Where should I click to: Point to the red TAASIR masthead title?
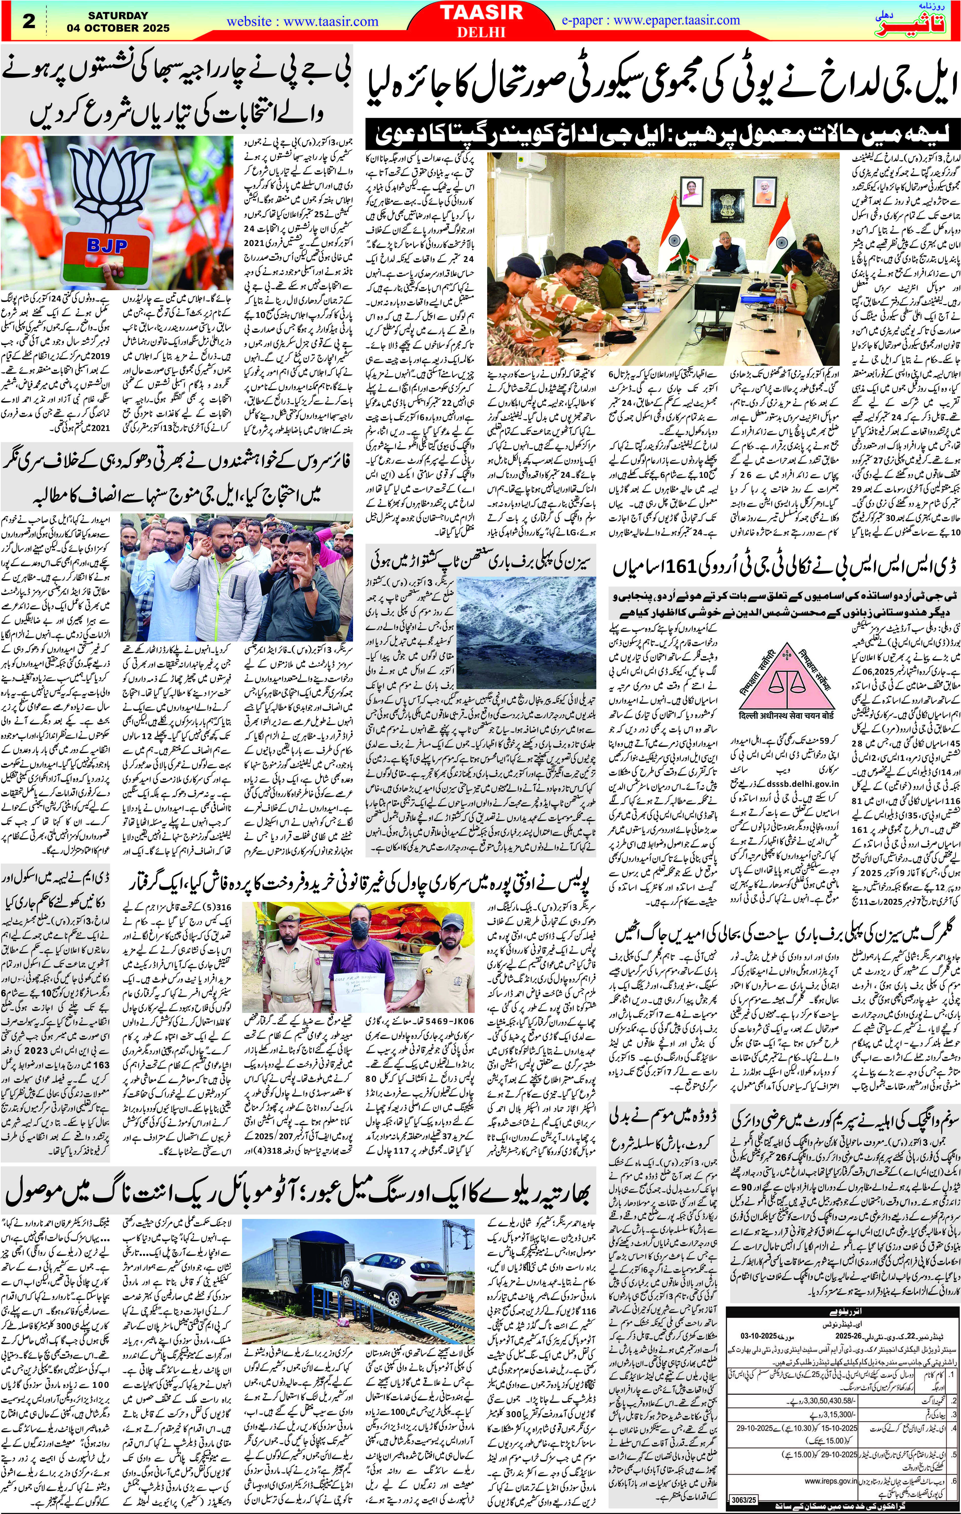coord(480,14)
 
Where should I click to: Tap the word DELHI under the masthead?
coord(480,32)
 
